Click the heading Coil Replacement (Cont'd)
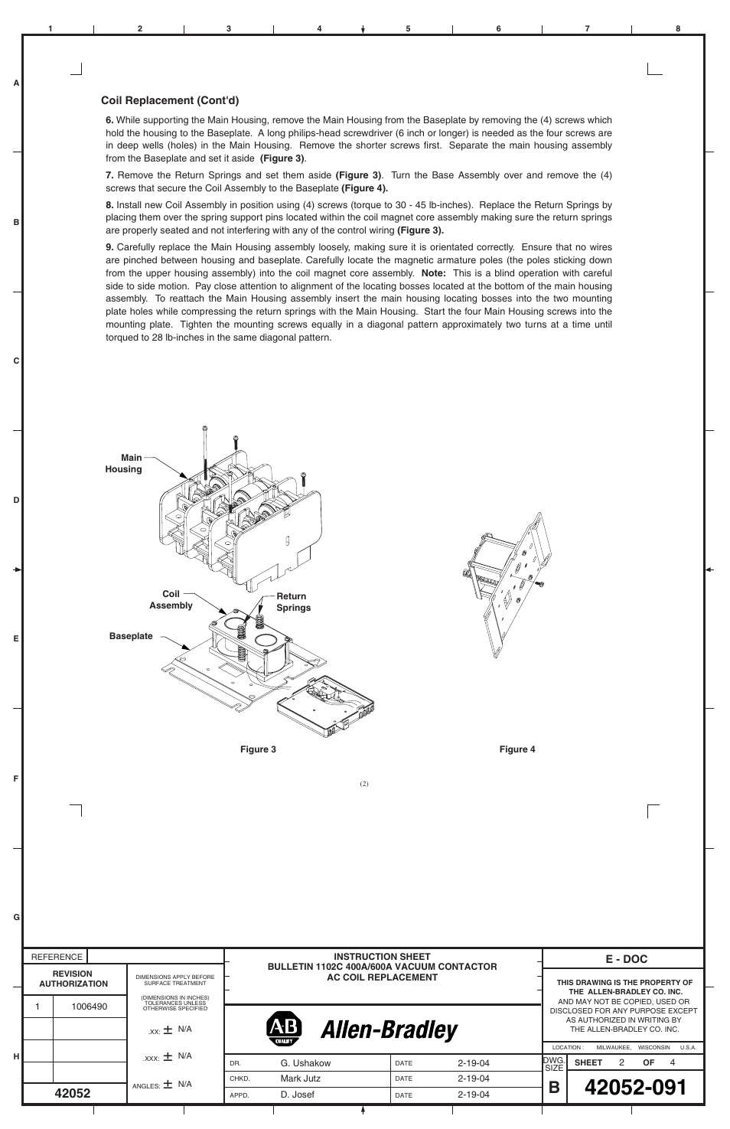pos(170,100)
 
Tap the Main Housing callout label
pos(124,464)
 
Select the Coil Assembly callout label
pos(171,599)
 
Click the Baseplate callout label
pos(131,636)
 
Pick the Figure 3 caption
pos(258,749)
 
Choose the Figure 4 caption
pos(517,749)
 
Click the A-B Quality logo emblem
pos(284,1029)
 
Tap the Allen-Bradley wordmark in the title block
pos(389,1030)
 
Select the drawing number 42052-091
pos(634,1088)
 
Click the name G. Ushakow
pos(305,1063)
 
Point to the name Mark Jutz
pos(300,1078)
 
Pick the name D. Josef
pos(297,1095)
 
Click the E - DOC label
pos(626,959)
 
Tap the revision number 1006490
pos(90,1007)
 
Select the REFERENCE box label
pos(57,957)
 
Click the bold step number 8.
pos(109,205)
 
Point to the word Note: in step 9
pos(433,273)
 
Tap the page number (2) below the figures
pos(364,783)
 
